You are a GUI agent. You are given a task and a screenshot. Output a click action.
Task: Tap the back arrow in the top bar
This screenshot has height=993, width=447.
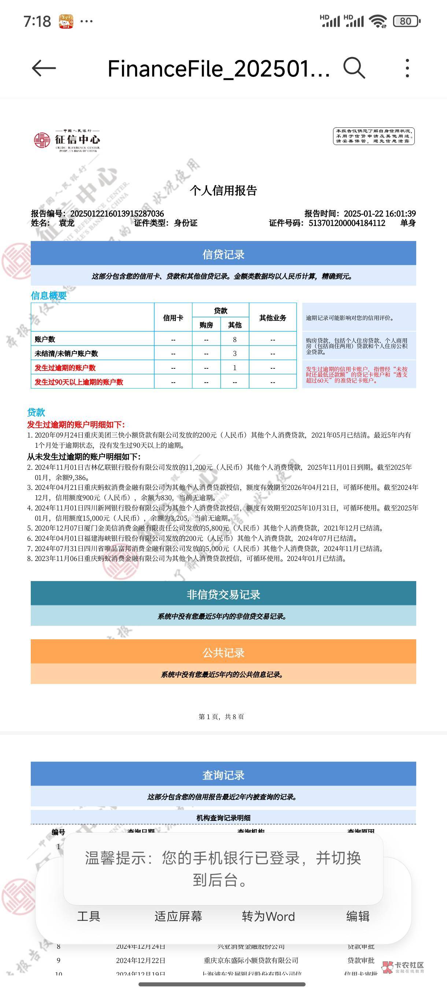pos(44,68)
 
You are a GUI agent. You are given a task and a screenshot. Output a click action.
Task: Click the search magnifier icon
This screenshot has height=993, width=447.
pos(354,68)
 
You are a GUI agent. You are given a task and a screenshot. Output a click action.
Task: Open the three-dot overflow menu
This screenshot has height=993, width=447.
pos(407,68)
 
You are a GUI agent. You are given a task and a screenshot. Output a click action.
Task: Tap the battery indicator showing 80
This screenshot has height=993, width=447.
pos(406,21)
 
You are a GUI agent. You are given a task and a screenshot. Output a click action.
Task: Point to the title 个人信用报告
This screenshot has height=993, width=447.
pos(223,190)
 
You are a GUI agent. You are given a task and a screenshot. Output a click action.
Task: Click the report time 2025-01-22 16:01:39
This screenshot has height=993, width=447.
pos(380,213)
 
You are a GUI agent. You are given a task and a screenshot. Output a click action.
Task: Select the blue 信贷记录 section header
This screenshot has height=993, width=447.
pos(223,254)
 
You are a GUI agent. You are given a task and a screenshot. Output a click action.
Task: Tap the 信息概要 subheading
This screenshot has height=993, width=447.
pos(49,295)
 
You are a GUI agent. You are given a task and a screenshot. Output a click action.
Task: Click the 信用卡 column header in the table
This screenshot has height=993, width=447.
pos(173,318)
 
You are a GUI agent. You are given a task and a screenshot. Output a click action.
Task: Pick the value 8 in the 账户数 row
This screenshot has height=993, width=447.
pos(234,339)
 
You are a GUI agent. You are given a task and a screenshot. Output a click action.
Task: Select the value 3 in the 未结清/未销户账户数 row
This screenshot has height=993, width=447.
pos(234,353)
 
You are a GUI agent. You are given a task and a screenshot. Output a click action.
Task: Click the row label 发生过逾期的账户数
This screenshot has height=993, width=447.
pos(65,368)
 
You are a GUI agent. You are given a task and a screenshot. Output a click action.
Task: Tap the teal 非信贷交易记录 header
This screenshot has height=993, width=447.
pos(223,594)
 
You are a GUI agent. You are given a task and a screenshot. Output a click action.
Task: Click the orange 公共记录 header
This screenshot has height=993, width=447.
pos(223,652)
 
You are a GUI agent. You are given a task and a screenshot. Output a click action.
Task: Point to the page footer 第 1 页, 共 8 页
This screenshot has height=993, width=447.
pos(221,717)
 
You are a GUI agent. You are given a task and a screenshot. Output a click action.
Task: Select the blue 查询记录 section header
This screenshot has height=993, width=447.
pos(223,775)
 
